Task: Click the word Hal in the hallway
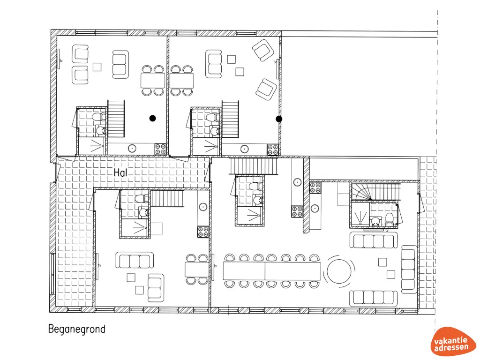pyautogui.click(x=120, y=172)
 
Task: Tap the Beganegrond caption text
pyautogui.click(x=77, y=330)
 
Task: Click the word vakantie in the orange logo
pyautogui.click(x=450, y=341)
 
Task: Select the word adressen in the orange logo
pyautogui.click(x=451, y=348)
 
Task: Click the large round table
pyautogui.click(x=339, y=271)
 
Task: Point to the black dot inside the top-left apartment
pyautogui.click(x=152, y=118)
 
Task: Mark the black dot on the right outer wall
pyautogui.click(x=279, y=119)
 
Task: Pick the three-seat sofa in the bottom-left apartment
pyautogui.click(x=135, y=260)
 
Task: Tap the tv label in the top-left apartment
pyautogui.click(x=61, y=61)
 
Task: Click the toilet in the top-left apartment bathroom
pyautogui.click(x=99, y=117)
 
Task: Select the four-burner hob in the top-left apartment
pyautogui.click(x=160, y=150)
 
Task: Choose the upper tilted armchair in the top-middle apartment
pyautogui.click(x=262, y=50)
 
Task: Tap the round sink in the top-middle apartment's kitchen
pyautogui.click(x=244, y=149)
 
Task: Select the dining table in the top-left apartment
pyautogui.click(x=153, y=81)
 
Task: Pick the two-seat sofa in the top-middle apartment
pyautogui.click(x=214, y=64)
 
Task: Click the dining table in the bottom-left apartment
pyautogui.click(x=197, y=270)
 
